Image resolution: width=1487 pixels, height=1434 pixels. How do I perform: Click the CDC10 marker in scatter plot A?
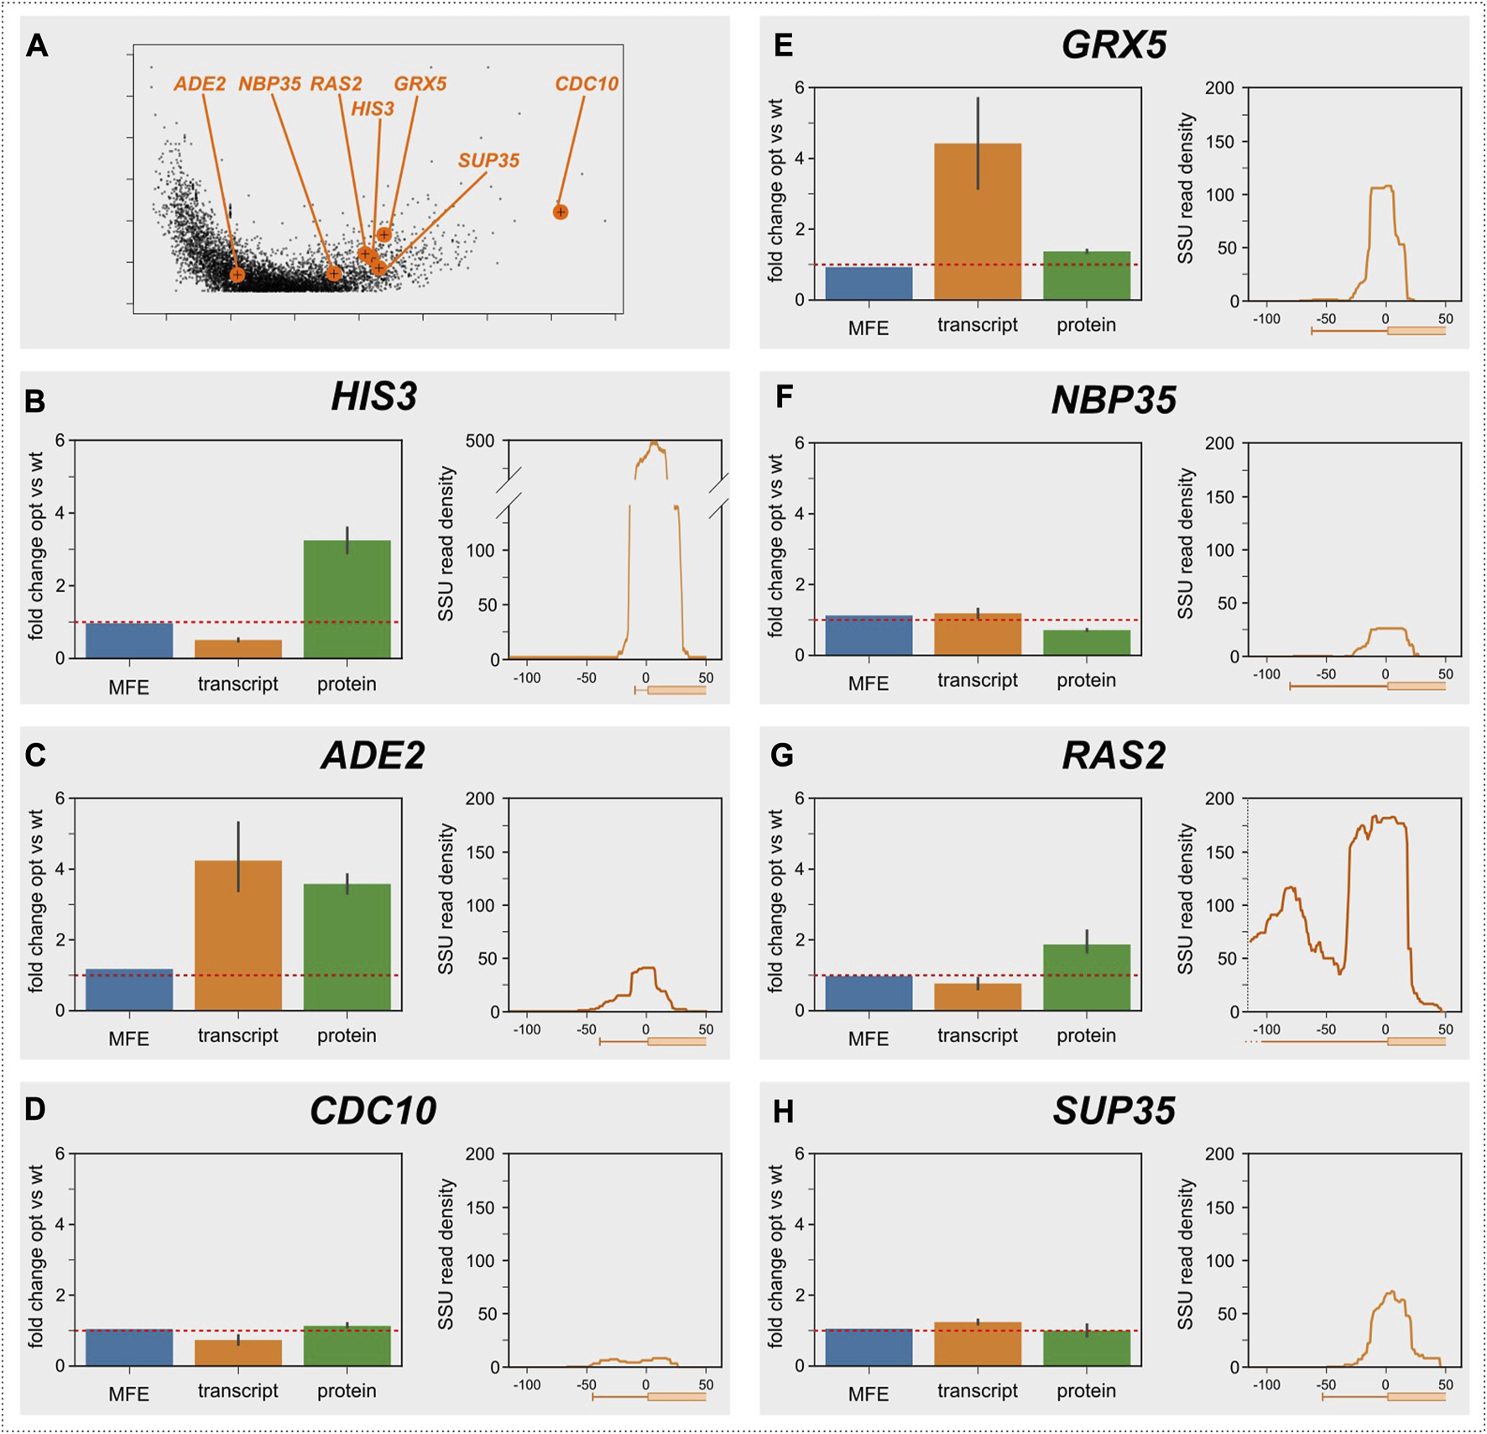(561, 212)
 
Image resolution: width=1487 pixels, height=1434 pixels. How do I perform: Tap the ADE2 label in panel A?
(200, 84)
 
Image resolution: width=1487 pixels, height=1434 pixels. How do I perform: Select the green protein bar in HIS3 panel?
(347, 599)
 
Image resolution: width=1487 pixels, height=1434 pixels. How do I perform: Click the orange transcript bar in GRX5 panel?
(978, 222)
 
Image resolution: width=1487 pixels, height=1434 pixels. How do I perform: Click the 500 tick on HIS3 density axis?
(480, 442)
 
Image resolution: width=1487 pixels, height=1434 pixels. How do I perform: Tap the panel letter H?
(782, 1112)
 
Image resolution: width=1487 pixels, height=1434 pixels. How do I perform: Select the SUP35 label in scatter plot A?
(488, 160)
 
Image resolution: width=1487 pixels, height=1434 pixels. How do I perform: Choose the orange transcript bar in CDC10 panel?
(238, 1353)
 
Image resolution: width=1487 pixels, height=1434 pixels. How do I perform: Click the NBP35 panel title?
(1114, 400)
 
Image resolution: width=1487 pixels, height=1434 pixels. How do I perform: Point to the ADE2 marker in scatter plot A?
(237, 275)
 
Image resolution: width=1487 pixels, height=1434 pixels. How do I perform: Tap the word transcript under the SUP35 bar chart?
(978, 1391)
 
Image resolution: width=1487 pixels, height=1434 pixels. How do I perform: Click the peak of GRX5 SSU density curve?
(1382, 187)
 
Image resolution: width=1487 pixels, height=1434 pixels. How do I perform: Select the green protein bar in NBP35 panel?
(1087, 642)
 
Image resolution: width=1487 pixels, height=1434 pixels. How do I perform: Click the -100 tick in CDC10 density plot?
(526, 1385)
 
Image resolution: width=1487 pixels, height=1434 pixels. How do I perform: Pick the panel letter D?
(35, 1109)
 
